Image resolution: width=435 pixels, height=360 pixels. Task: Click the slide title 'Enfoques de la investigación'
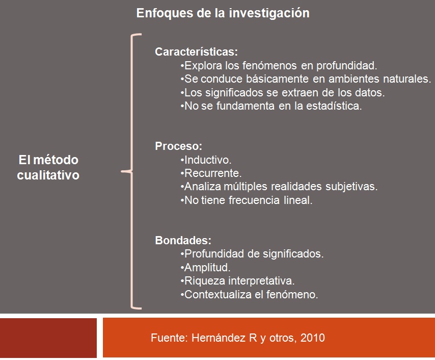223,13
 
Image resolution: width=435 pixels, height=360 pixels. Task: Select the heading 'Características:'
196,52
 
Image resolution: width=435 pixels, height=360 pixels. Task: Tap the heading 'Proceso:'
178,146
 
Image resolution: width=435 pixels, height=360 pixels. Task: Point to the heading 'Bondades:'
183,240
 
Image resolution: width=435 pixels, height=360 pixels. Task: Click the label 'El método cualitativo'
48,167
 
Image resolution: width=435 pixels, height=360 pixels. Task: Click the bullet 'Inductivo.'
206,160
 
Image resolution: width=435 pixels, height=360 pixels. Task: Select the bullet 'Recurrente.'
211,173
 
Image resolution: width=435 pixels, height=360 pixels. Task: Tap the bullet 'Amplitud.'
205,268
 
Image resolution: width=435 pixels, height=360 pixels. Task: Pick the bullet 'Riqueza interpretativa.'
237,281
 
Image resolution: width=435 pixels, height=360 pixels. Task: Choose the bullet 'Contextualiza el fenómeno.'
249,294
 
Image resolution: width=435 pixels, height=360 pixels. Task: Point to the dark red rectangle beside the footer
48,338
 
